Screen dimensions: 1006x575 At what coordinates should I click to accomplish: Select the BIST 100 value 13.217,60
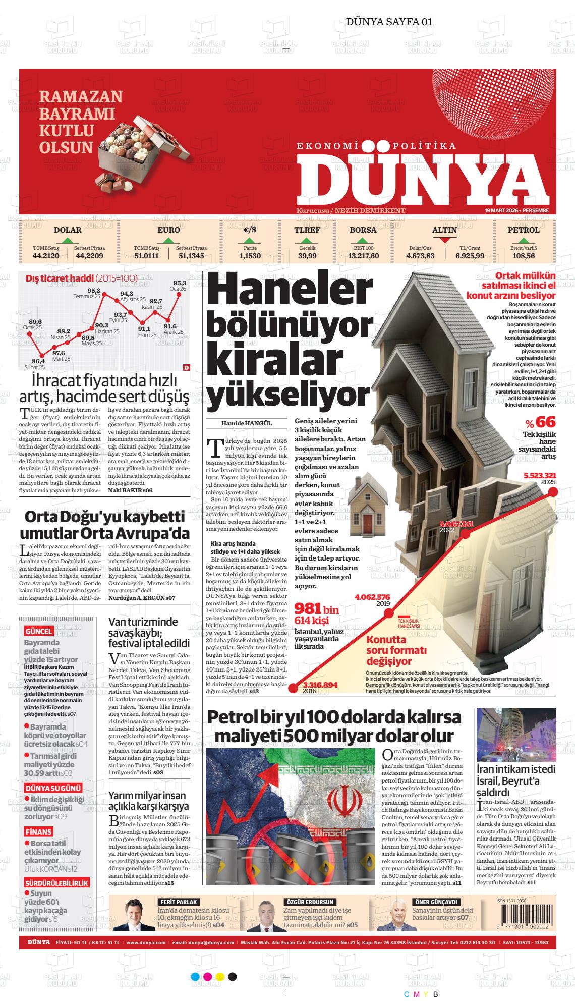pyautogui.click(x=363, y=256)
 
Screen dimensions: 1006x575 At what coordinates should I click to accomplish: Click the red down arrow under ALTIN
pyautogui.click(x=444, y=241)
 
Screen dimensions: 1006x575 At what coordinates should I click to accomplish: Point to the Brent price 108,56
pyautogui.click(x=524, y=256)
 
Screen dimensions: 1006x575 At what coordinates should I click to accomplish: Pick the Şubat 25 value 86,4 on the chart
pyautogui.click(x=38, y=361)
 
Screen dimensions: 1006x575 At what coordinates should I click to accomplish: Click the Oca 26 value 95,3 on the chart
pyautogui.click(x=180, y=283)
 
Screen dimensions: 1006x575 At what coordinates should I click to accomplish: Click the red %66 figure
pyautogui.click(x=540, y=422)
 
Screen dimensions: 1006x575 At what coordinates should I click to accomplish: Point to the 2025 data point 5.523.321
pyautogui.click(x=540, y=475)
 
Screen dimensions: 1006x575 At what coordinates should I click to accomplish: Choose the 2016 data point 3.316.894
pyautogui.click(x=320, y=685)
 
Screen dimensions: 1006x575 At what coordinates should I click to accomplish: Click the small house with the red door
pyautogui.click(x=367, y=505)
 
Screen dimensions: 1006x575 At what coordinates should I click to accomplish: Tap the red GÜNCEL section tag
pyautogui.click(x=38, y=631)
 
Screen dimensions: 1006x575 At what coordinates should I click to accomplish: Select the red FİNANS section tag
pyautogui.click(x=38, y=832)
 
